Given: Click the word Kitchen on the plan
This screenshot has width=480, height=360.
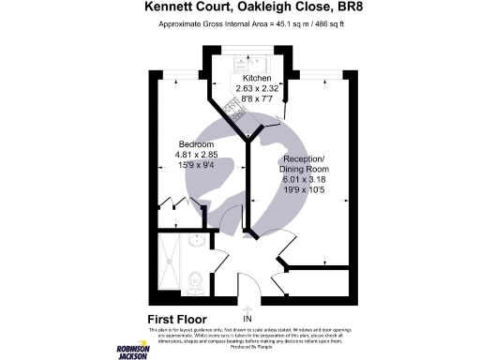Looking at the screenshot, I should point(257,78).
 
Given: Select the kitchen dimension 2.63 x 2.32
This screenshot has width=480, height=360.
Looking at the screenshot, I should point(257,88).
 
